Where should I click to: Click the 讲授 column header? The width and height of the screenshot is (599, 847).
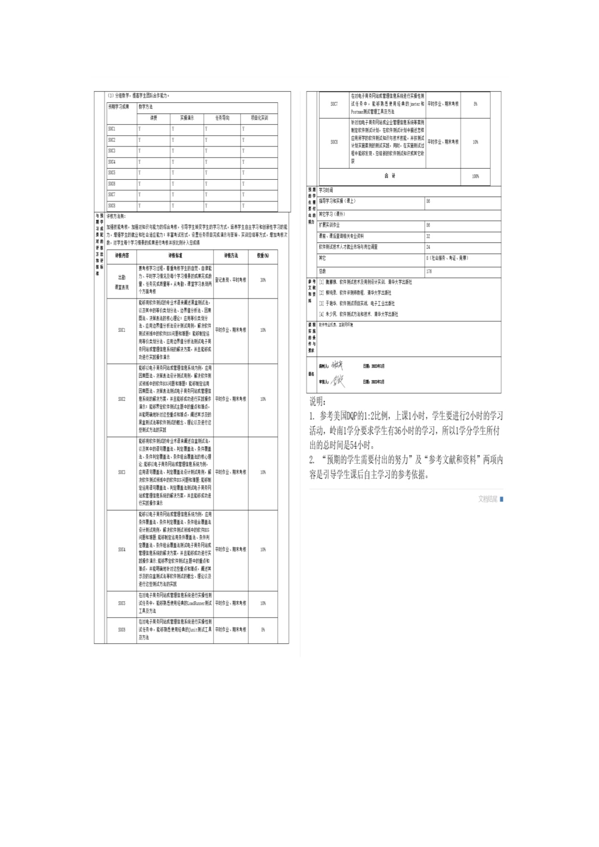tap(154, 118)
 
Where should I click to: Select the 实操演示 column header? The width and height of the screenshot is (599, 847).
tap(187, 118)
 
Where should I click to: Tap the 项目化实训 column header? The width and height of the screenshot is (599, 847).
tap(259, 118)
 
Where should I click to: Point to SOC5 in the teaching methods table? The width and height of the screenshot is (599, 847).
tap(112, 172)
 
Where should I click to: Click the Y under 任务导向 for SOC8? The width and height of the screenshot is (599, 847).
tap(206, 206)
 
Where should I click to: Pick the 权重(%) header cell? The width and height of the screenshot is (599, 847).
tap(263, 255)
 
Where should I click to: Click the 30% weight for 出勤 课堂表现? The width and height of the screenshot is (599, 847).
tap(263, 280)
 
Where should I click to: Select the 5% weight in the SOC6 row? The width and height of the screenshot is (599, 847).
tap(263, 630)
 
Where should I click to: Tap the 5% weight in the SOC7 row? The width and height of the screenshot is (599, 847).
tap(475, 104)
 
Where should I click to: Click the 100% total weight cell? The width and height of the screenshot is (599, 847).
tap(475, 176)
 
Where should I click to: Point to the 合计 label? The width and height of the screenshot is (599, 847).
tap(390, 176)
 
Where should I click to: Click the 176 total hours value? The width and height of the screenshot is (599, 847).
tap(429, 271)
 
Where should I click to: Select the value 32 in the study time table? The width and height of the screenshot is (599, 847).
tap(428, 236)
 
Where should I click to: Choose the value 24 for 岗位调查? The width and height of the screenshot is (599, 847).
tap(428, 247)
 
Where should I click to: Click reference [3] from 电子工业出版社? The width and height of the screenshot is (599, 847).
tap(357, 303)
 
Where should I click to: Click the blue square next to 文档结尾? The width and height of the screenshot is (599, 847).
tap(501, 499)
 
